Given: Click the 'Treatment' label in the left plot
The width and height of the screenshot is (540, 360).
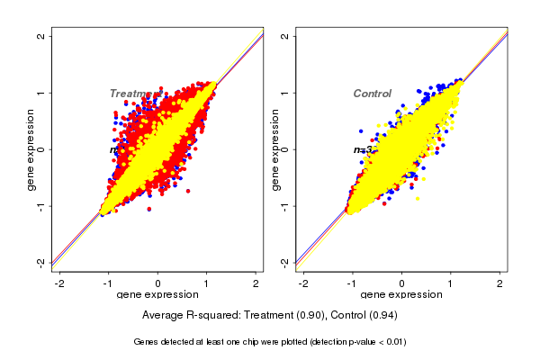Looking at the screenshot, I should [135, 94].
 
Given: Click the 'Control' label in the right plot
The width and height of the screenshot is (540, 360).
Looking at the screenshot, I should [372, 94].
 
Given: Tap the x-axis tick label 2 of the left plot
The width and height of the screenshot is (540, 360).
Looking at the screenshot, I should [256, 283].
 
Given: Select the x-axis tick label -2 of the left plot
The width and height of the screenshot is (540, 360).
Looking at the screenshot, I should [59, 283].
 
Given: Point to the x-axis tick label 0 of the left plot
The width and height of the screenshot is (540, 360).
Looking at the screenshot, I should [158, 283].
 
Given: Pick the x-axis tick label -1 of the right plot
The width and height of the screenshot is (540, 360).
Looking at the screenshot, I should [351, 283].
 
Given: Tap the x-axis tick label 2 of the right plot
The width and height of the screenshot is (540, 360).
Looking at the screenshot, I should [500, 283].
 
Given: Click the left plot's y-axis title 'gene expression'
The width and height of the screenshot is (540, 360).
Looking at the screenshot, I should [31, 149].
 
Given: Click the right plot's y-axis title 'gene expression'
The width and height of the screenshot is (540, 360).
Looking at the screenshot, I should [274, 149].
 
